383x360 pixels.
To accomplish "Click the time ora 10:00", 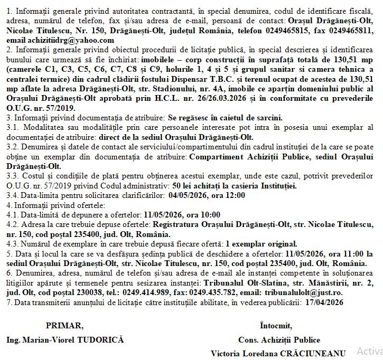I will click(205, 215).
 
